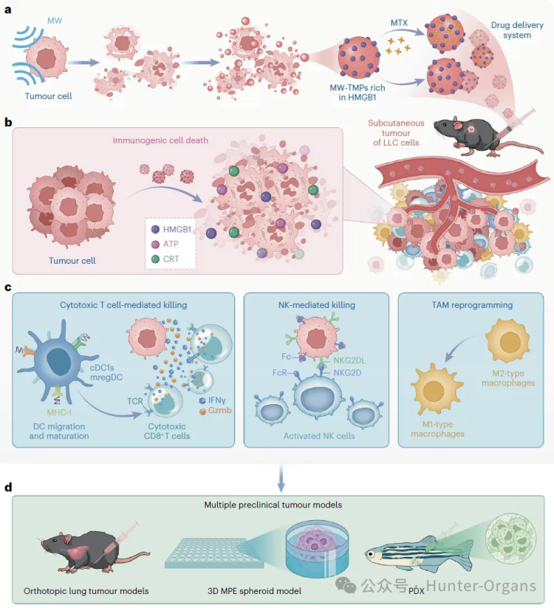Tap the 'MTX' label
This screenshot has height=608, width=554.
pos(399,24)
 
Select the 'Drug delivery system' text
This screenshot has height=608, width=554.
pos(510,30)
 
